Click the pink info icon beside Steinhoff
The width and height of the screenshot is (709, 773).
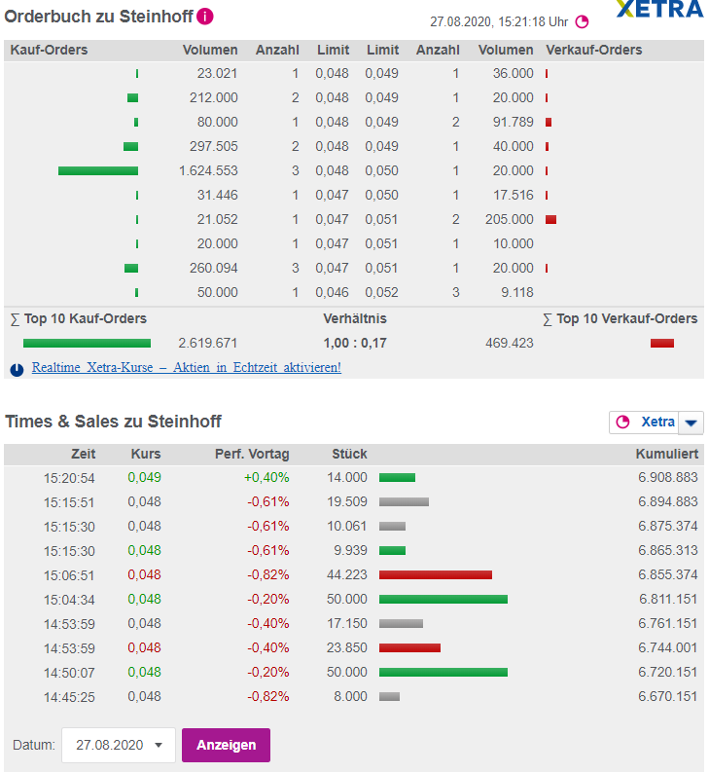click(x=205, y=17)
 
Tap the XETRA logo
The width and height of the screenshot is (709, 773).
click(x=659, y=10)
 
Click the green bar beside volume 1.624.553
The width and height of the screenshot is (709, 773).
click(x=97, y=170)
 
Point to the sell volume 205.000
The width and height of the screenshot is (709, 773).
click(x=509, y=219)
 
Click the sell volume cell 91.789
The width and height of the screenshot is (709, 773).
click(x=509, y=122)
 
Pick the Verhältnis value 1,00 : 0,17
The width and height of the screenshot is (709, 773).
click(x=355, y=343)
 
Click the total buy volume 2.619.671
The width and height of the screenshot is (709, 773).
click(x=208, y=343)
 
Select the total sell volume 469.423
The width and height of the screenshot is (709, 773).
click(x=509, y=343)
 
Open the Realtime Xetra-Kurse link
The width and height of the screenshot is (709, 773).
click(x=186, y=368)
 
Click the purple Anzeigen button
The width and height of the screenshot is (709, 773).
click(x=226, y=745)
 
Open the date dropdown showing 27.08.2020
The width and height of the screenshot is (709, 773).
click(x=119, y=745)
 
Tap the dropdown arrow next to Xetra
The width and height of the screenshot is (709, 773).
click(x=691, y=423)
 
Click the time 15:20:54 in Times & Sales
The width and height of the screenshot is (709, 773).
click(x=69, y=477)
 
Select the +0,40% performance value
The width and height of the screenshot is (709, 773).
click(x=266, y=477)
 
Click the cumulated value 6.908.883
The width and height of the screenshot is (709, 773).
click(x=668, y=477)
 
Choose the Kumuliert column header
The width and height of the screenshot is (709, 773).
click(x=666, y=454)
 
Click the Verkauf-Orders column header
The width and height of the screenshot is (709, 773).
click(x=594, y=50)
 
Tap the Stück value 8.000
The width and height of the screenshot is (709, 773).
click(x=350, y=696)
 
